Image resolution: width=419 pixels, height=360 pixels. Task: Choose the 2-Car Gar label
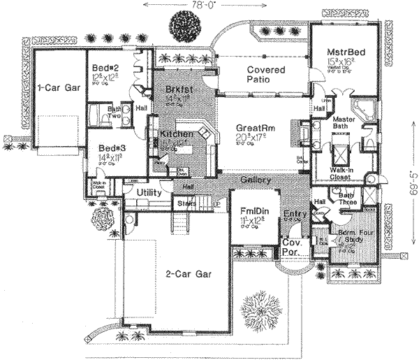186,275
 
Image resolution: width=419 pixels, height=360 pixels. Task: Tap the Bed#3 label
112,149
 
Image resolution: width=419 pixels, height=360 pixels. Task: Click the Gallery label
255,180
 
